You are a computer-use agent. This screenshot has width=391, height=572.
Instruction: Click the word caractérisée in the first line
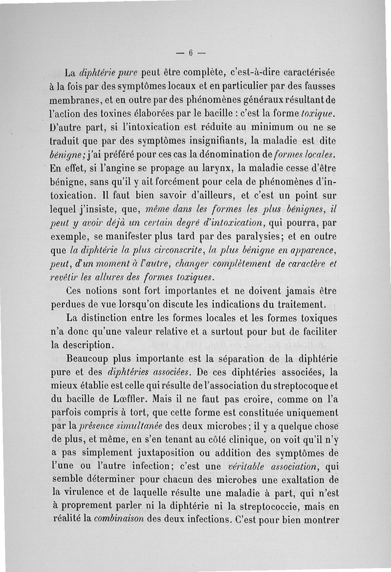(306, 73)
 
